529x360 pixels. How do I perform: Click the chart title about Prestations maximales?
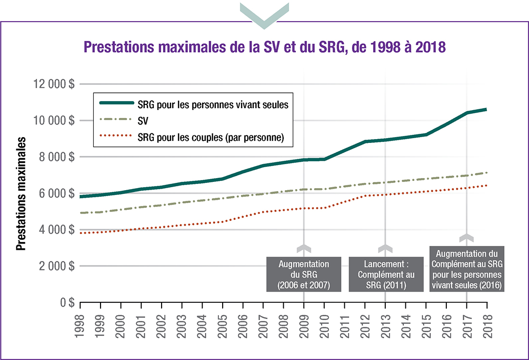tap(264, 47)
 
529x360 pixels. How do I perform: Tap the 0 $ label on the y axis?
tap(67, 302)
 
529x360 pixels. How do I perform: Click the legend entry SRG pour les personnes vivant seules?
tap(213, 103)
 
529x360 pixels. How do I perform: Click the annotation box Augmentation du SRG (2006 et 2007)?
tap(304, 274)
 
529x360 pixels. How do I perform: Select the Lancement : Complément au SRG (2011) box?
tap(385, 274)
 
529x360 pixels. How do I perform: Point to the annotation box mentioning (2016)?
tap(466, 269)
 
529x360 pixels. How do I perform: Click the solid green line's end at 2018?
tap(487, 110)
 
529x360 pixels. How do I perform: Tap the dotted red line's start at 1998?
tap(81, 233)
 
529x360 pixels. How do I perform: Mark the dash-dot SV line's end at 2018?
tap(487, 173)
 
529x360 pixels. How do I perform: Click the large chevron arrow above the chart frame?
tap(264, 12)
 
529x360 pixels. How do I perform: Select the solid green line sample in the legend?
tap(116, 103)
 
